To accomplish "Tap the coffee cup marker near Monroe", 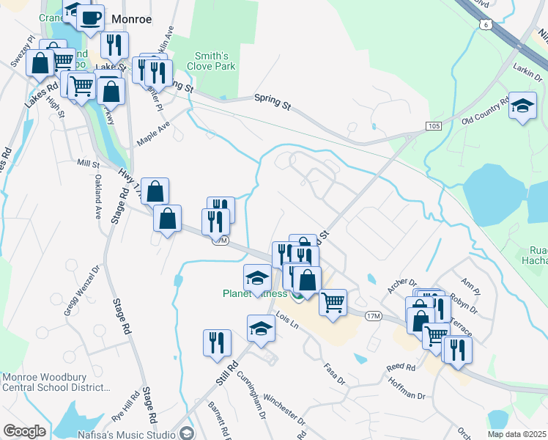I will pos(90,18).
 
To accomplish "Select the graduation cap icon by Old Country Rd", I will pos(523,106).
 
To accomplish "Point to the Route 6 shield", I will pos(486,25).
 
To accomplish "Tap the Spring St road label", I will pos(272,101).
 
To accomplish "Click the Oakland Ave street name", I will pos(97,200).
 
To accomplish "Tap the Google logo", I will pos(24,431).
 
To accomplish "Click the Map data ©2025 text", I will pos(516,434).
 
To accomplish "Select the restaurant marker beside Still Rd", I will pos(217,344).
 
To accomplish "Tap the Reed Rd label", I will pos(401,367).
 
